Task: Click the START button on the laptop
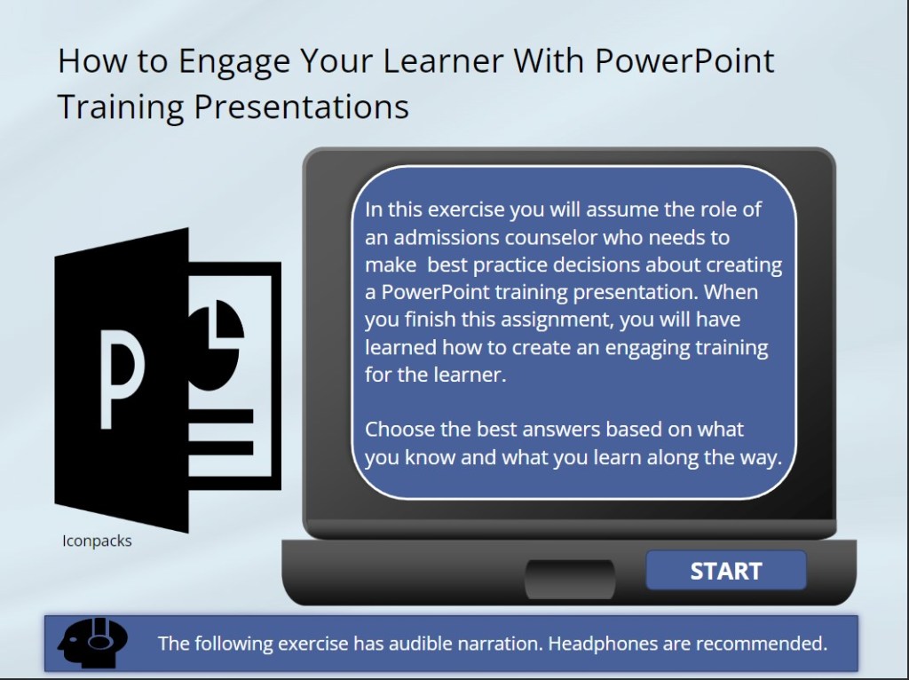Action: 725,571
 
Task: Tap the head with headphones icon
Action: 91,641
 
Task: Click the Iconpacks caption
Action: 97,541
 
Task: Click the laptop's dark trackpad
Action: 569,579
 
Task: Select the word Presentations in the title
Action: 301,107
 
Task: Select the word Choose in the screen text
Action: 400,430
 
